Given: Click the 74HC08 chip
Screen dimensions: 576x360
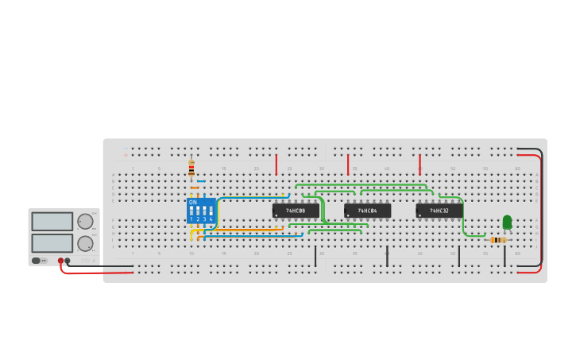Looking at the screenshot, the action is pyautogui.click(x=296, y=211).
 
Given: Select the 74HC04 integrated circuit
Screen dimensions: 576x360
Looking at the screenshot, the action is pyautogui.click(x=367, y=211).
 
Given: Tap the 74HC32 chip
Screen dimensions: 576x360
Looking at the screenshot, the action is pyautogui.click(x=439, y=211).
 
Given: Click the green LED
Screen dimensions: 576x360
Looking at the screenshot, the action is pyautogui.click(x=507, y=222).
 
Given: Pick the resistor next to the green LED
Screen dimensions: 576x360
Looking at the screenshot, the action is pyautogui.click(x=497, y=239).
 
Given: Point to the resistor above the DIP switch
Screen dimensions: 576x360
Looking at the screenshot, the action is pyautogui.click(x=191, y=168).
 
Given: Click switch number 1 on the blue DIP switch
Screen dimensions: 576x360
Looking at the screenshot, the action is pyautogui.click(x=191, y=211).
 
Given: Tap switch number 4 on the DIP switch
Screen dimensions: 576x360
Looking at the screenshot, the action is pyautogui.click(x=211, y=211).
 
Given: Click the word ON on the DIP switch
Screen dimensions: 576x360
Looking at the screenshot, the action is pyautogui.click(x=192, y=202).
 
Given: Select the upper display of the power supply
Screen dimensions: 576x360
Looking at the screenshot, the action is pyautogui.click(x=52, y=222).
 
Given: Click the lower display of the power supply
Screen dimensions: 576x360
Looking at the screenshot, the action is pyautogui.click(x=52, y=243).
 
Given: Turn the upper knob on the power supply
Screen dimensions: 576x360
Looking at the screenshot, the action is pyautogui.click(x=84, y=222).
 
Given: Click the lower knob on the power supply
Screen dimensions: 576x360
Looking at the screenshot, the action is pyautogui.click(x=84, y=243).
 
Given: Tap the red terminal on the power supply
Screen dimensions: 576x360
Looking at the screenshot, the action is pyautogui.click(x=60, y=261).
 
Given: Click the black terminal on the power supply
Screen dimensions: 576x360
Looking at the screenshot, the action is pyautogui.click(x=68, y=261).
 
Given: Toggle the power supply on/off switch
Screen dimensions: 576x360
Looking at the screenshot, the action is pyautogui.click(x=37, y=261).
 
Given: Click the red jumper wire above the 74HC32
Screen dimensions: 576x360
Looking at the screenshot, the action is pyautogui.click(x=419, y=165).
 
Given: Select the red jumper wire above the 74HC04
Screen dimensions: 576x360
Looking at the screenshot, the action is pyautogui.click(x=348, y=165).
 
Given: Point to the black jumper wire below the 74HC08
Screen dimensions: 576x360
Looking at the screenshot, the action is pyautogui.click(x=315, y=256).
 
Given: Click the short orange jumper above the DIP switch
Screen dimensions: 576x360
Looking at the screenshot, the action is pyautogui.click(x=195, y=188).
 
